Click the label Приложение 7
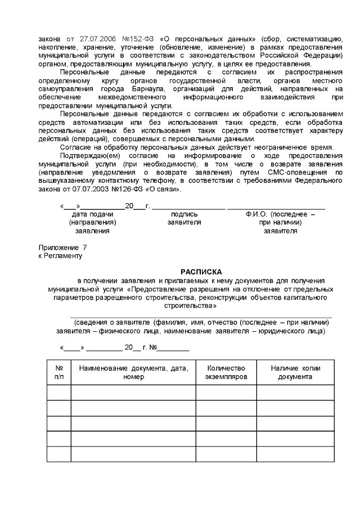[62, 247]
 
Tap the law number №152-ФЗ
[136, 39]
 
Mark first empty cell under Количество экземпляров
[226, 392]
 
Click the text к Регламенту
[60, 256]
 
